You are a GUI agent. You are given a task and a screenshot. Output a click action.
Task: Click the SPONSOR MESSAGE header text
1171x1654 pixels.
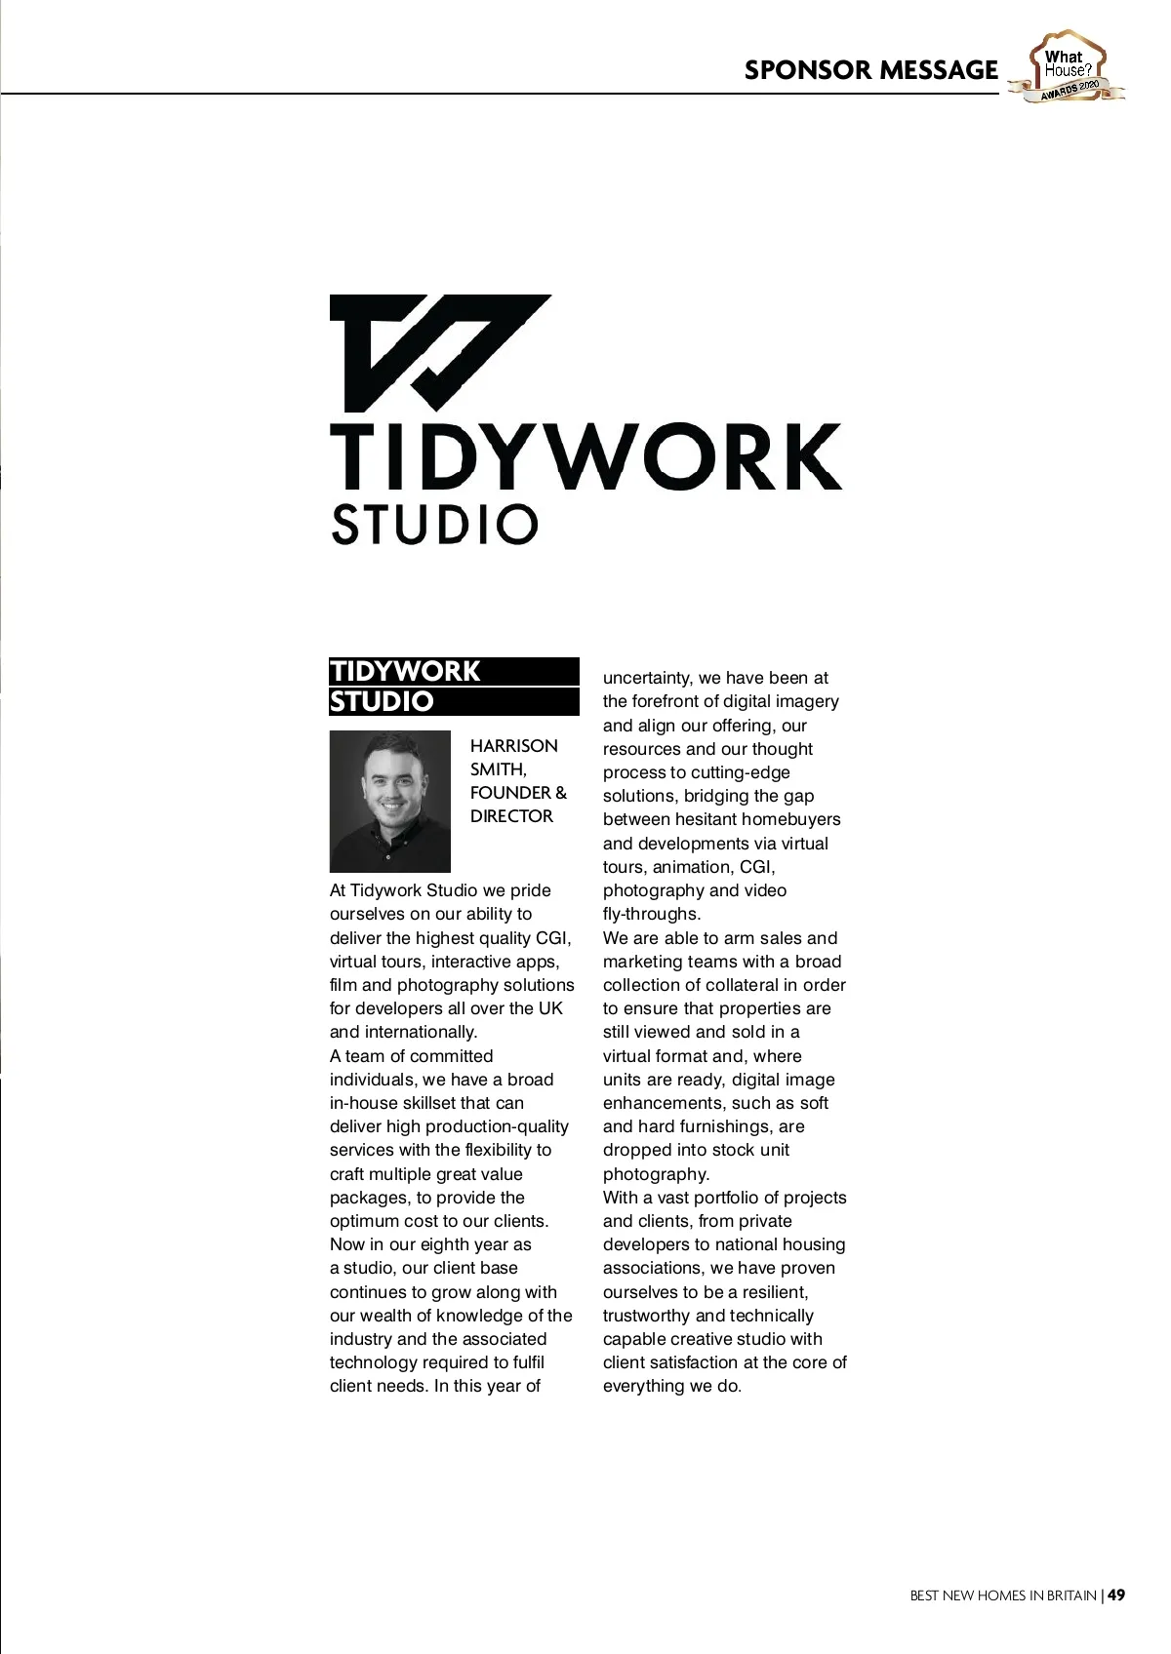tap(870, 70)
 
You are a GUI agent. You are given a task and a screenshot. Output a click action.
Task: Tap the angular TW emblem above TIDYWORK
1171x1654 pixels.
tap(439, 352)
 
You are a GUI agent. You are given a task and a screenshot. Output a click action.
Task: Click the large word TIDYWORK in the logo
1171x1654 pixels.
tap(585, 455)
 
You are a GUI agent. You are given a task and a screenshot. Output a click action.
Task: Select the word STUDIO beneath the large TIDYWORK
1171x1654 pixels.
tap(434, 524)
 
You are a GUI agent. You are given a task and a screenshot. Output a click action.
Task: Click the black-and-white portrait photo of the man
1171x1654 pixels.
tap(390, 801)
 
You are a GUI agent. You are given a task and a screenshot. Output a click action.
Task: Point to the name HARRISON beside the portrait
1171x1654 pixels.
tap(514, 746)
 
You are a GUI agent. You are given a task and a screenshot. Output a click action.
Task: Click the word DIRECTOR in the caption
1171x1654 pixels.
tap(511, 816)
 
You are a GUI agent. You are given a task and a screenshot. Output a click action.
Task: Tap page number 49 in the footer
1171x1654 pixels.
tap(1116, 1595)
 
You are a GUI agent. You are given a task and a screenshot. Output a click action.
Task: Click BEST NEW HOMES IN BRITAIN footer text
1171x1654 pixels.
tap(1002, 1596)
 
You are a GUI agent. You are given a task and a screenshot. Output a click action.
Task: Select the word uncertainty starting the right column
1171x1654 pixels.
tap(646, 678)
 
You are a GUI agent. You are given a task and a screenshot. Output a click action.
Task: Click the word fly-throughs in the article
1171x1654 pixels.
tap(650, 914)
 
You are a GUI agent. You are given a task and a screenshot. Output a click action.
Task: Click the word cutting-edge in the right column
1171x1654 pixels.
tap(740, 772)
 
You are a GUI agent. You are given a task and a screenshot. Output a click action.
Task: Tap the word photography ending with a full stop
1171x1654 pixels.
tap(656, 1174)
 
